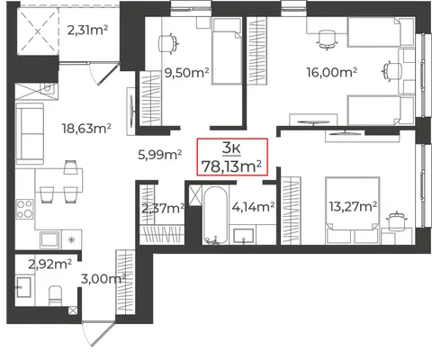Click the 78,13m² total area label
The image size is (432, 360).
click(x=231, y=166)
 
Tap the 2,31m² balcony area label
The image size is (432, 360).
click(x=87, y=30)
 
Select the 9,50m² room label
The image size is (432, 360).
click(x=186, y=72)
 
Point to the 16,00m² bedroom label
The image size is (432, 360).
click(x=331, y=72)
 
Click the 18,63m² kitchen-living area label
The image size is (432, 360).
click(x=86, y=129)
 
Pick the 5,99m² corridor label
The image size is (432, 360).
click(x=159, y=155)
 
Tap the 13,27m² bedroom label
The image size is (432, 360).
click(x=353, y=206)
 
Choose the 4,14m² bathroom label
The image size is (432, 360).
click(x=253, y=207)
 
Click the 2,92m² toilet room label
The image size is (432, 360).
click(x=50, y=265)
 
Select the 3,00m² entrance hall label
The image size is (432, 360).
click(x=103, y=279)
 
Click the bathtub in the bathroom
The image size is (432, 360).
click(x=215, y=215)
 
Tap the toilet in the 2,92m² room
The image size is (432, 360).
click(x=55, y=295)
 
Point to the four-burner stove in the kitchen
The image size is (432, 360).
click(x=25, y=209)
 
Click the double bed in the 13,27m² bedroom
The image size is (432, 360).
click(x=353, y=211)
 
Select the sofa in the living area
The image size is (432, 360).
click(x=30, y=134)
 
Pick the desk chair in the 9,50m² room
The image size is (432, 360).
click(x=168, y=44)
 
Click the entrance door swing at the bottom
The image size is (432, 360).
click(x=98, y=334)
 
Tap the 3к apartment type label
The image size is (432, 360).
click(x=231, y=148)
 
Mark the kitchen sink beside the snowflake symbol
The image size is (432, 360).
click(x=49, y=239)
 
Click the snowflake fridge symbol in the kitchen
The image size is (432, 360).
click(x=71, y=239)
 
